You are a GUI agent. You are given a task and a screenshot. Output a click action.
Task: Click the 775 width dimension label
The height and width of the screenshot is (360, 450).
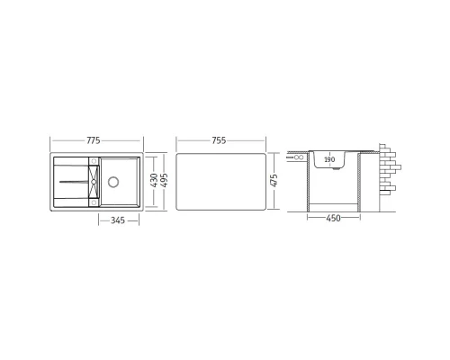tap(94, 140)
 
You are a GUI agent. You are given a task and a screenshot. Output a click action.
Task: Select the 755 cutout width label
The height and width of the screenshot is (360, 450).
tap(219, 140)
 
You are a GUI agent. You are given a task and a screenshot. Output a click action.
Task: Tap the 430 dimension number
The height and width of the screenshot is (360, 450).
tap(154, 180)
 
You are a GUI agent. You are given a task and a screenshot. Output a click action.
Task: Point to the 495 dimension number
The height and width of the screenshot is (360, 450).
tap(164, 180)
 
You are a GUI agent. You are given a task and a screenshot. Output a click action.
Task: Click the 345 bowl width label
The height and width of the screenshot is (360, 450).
tap(118, 220)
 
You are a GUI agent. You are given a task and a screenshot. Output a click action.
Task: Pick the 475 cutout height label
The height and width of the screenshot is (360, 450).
tap(274, 180)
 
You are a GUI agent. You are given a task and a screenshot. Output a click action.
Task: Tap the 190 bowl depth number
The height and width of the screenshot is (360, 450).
tap(329, 159)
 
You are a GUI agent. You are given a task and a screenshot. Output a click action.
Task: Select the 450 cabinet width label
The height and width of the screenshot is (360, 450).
tap(333, 218)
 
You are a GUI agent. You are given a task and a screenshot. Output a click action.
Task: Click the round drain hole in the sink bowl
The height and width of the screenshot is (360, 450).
tap(113, 182)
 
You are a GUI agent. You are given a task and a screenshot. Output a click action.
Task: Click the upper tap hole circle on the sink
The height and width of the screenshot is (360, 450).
tap(94, 160)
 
